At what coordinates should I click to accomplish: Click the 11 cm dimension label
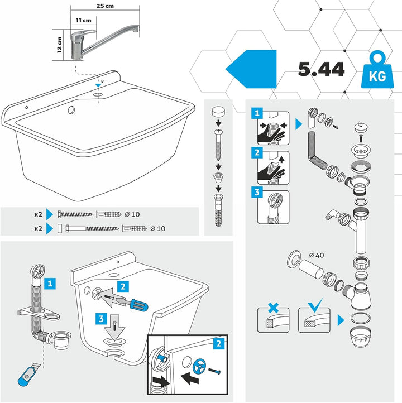(84, 20)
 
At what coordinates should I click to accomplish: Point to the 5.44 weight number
(321, 69)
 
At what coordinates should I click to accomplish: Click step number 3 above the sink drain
(100, 319)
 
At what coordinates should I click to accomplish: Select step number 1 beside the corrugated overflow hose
(50, 283)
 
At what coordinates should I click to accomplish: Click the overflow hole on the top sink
(71, 111)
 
